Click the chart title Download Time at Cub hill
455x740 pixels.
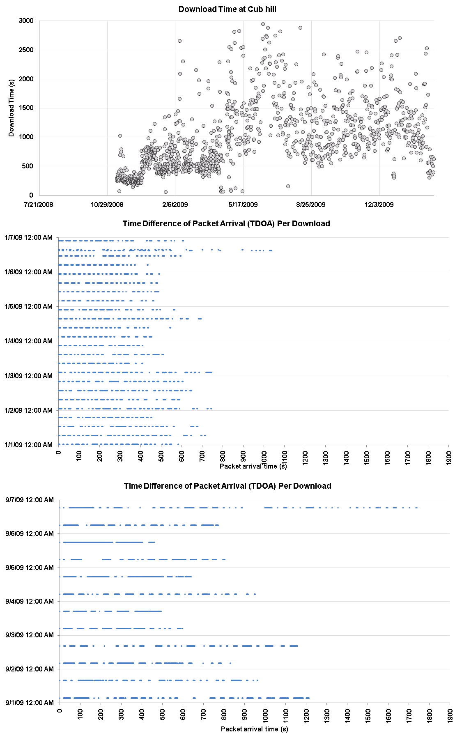[227, 9]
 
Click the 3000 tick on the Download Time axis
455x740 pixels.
[26, 21]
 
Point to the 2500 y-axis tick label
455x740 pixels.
[26, 50]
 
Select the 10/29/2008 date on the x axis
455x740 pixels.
[107, 205]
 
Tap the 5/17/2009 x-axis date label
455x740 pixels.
[243, 205]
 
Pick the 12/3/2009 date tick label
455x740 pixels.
[379, 205]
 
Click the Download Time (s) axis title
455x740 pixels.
[11, 108]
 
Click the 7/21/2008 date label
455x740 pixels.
[39, 205]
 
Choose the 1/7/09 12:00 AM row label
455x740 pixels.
[29, 237]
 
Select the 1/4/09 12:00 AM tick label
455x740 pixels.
[29, 341]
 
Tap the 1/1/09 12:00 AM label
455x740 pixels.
[29, 445]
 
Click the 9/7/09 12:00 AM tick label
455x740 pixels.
[30, 500]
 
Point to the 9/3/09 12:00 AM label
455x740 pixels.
[30, 635]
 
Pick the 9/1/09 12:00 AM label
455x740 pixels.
[30, 703]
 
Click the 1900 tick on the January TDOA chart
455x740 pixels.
[449, 457]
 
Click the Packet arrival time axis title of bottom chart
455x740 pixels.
[255, 729]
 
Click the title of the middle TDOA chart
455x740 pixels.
[226, 223]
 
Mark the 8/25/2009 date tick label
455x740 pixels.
[311, 205]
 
